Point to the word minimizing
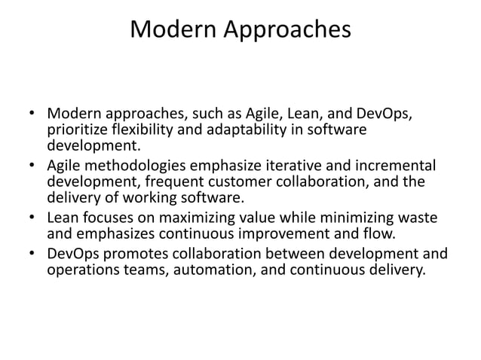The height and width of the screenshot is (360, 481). click(x=357, y=218)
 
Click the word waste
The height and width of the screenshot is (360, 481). click(x=418, y=218)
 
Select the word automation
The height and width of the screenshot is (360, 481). click(x=207, y=270)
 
